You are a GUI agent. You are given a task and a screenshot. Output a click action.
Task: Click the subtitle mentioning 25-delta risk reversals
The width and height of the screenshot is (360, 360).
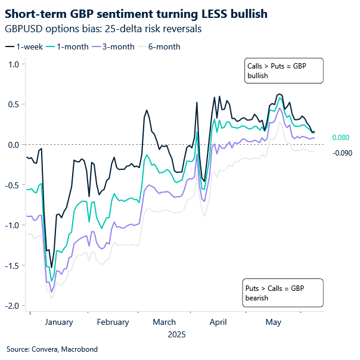pyautogui.click(x=102, y=28)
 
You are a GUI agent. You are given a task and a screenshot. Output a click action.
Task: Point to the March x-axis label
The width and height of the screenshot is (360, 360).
pyautogui.click(x=163, y=322)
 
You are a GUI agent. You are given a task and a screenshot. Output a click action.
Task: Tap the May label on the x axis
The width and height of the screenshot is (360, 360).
pyautogui.click(x=273, y=322)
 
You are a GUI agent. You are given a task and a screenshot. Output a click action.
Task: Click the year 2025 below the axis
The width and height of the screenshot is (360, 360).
pyautogui.click(x=176, y=335)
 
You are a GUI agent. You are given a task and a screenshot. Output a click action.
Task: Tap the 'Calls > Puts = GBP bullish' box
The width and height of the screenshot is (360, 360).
pyautogui.click(x=283, y=70)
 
